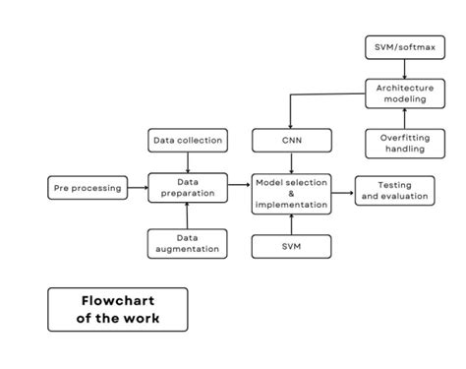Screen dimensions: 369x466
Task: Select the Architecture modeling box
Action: (404, 93)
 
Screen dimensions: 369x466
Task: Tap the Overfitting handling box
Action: (404, 143)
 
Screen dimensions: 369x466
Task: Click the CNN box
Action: (290, 142)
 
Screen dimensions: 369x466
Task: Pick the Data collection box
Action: (188, 142)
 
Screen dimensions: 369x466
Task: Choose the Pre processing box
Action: (87, 187)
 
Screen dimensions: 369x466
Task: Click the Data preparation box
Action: (188, 187)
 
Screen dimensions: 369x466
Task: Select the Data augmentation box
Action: (188, 243)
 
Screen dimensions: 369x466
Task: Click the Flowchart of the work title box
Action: (117, 309)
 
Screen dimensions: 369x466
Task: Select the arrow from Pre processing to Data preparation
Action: (138, 187)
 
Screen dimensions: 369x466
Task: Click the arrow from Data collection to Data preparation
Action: (188, 162)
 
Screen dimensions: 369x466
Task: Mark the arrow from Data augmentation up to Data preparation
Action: (188, 215)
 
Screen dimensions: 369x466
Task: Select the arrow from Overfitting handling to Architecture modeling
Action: (404, 119)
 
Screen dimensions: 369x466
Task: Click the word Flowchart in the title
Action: (117, 299)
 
